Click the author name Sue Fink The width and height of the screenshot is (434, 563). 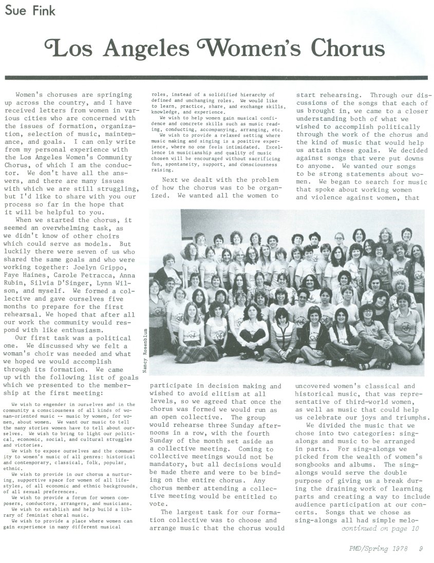pyautogui.click(x=25, y=10)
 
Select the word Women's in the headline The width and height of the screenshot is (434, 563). pyautogui.click(x=240, y=49)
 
